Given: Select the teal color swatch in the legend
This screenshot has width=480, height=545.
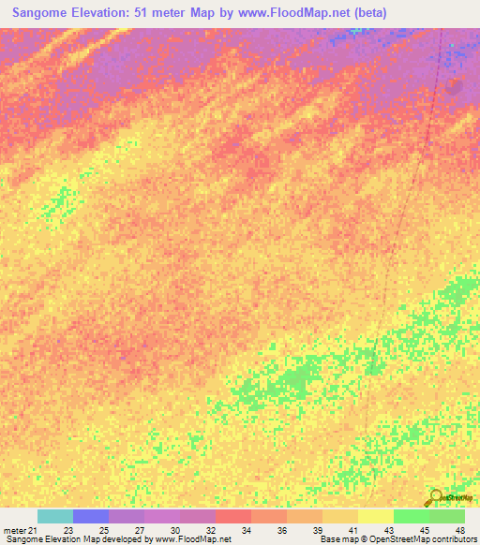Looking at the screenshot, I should point(55,516).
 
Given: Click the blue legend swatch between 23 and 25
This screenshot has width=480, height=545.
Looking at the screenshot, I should point(91,516).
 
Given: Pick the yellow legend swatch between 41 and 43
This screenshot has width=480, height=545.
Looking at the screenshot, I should point(376,516).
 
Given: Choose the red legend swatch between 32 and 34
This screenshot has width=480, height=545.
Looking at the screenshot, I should point(233,516).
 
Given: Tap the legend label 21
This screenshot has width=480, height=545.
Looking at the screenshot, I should point(33,530).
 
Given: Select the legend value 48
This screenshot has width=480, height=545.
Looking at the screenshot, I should point(460,530).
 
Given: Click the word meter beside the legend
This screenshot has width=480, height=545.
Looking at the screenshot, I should point(14,530).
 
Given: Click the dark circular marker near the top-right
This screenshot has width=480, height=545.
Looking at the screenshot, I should point(454,86).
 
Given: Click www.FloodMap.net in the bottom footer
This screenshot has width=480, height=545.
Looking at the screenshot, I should point(194,539).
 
